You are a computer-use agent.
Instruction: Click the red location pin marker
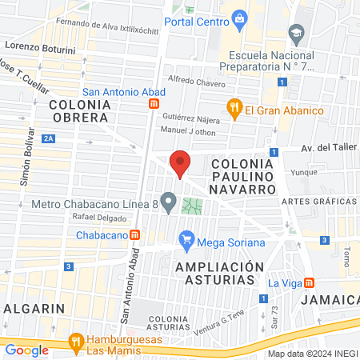click(181, 163)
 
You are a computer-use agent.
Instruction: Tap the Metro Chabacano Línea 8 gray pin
click(168, 202)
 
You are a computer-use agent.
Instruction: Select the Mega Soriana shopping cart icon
click(186, 238)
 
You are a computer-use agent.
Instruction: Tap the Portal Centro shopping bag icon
click(238, 17)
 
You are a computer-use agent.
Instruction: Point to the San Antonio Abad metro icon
click(154, 102)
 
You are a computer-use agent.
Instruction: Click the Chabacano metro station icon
click(136, 235)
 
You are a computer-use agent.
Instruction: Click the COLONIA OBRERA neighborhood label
click(78, 110)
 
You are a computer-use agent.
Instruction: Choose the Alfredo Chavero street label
click(197, 80)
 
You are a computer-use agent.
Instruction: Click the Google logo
click(26, 350)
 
